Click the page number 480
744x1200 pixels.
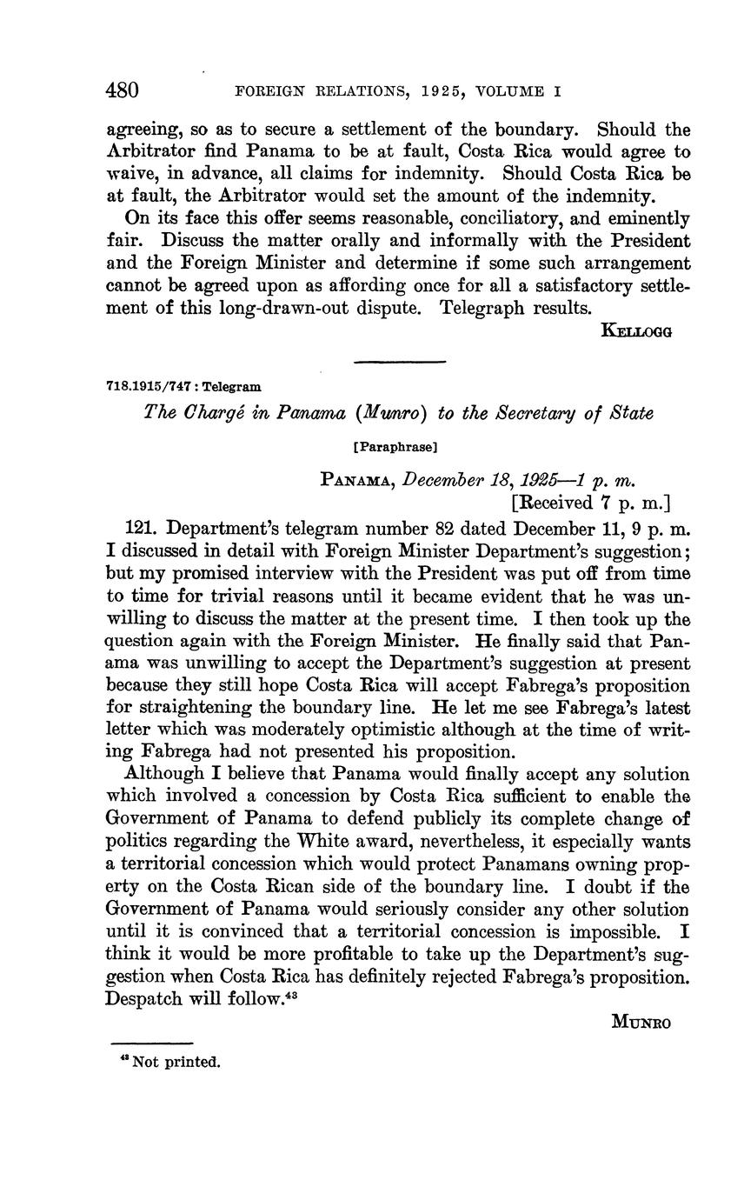[123, 91]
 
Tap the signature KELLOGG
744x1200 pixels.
[636, 330]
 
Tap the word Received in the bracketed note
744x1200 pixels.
[556, 502]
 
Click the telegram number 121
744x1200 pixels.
[143, 528]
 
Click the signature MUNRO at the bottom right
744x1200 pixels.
[642, 1023]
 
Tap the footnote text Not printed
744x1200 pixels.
[176, 1062]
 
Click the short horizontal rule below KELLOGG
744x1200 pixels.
[401, 362]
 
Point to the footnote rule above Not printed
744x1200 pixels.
[152, 1042]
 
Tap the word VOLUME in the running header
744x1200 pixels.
[517, 91]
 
